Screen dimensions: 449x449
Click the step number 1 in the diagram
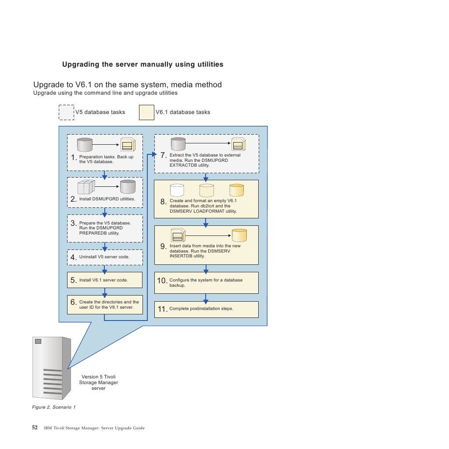tap(74, 158)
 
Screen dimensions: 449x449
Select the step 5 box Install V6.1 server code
tap(105, 280)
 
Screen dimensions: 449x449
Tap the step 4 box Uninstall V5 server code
tap(105, 257)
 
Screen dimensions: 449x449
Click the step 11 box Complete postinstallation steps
tap(206, 309)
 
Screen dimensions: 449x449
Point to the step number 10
tap(162, 281)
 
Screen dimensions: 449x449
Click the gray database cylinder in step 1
tap(85, 145)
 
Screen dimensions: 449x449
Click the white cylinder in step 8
tap(177, 190)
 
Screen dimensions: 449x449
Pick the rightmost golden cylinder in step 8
tap(236, 190)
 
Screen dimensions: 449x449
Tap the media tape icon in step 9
tap(178, 235)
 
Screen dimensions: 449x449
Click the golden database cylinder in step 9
tap(239, 235)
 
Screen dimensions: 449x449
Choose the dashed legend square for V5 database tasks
tap(66, 112)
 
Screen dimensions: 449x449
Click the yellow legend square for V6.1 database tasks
tap(146, 112)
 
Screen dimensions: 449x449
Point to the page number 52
tap(35, 428)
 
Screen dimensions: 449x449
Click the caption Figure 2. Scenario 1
tap(54, 407)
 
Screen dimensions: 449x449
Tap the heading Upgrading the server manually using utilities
tap(143, 64)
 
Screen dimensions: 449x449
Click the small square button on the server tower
tap(38, 341)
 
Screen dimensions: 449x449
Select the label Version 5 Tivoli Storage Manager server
tap(99, 382)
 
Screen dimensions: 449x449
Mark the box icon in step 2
tap(86, 187)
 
